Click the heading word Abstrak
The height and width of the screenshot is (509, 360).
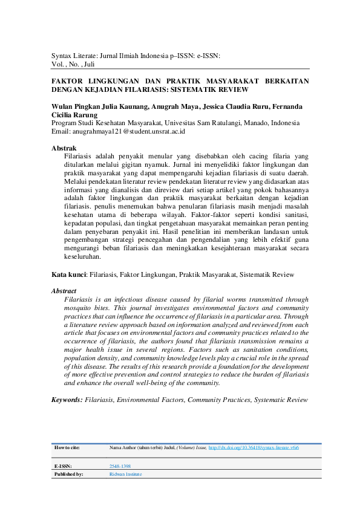pyautogui.click(x=64, y=148)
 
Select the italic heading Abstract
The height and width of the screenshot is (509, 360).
pyautogui.click(x=64, y=291)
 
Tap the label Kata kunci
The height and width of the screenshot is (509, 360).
pyautogui.click(x=68, y=274)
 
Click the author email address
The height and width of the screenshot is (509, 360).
pyautogui.click(x=127, y=131)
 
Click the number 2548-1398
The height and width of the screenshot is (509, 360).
pyautogui.click(x=120, y=466)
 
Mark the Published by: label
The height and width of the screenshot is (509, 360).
pyautogui.click(x=69, y=475)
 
